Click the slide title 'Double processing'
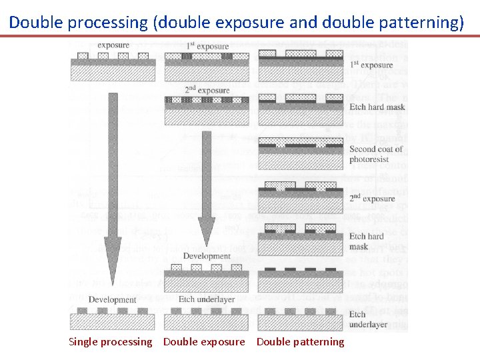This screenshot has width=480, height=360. tap(78, 22)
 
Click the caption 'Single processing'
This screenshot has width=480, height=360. tap(111, 342)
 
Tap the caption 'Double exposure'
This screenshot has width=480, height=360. tap(204, 342)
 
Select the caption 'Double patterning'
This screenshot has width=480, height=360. tap(301, 342)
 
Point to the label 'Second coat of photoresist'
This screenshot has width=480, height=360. tap(376, 154)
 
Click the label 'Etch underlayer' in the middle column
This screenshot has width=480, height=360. tap(207, 299)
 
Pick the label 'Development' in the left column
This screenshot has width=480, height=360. tap(113, 299)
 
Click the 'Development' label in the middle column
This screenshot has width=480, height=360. tap(207, 256)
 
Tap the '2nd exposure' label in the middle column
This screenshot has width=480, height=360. tap(207, 90)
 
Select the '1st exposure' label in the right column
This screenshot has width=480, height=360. tap(371, 65)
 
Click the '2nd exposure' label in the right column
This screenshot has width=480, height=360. tap(371, 199)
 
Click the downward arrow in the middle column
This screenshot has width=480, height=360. tap(207, 187)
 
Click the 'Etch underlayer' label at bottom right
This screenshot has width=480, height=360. tap(368, 319)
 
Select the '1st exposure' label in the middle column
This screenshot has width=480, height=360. tap(207, 46)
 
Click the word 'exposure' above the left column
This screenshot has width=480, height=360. tap(113, 45)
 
